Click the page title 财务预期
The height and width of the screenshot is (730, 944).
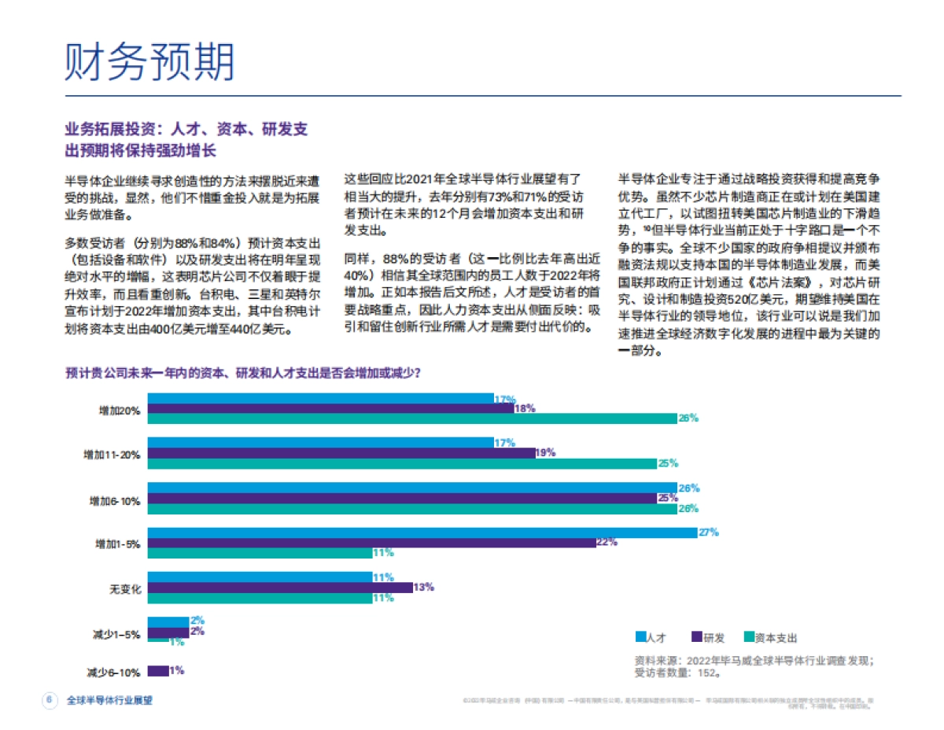pyautogui.click(x=149, y=61)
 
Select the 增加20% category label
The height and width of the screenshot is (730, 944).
pyautogui.click(x=120, y=410)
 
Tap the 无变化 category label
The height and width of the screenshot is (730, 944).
pyautogui.click(x=125, y=588)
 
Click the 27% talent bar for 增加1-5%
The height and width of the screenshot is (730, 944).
pyautogui.click(x=422, y=533)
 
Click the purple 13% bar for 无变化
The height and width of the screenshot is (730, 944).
pyautogui.click(x=279, y=588)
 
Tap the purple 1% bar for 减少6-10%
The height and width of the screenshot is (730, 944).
pyautogui.click(x=157, y=671)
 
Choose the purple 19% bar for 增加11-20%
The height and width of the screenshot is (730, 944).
pyautogui.click(x=341, y=453)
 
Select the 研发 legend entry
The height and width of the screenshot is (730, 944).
pyautogui.click(x=707, y=638)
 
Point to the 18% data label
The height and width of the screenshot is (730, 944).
pyautogui.click(x=525, y=408)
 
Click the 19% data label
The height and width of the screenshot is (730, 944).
pyautogui.click(x=545, y=453)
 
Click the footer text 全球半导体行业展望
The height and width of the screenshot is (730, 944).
pyautogui.click(x=109, y=700)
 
